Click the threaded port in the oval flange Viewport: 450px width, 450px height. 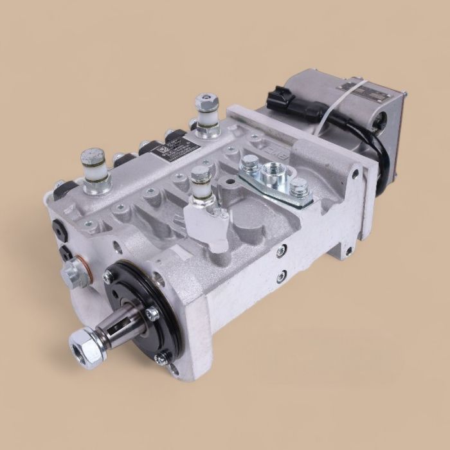274,174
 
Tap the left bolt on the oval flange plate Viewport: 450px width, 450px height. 250,161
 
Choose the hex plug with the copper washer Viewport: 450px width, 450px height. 75,273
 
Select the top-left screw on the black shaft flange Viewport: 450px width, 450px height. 108,277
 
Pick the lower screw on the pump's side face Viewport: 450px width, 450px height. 281,277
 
